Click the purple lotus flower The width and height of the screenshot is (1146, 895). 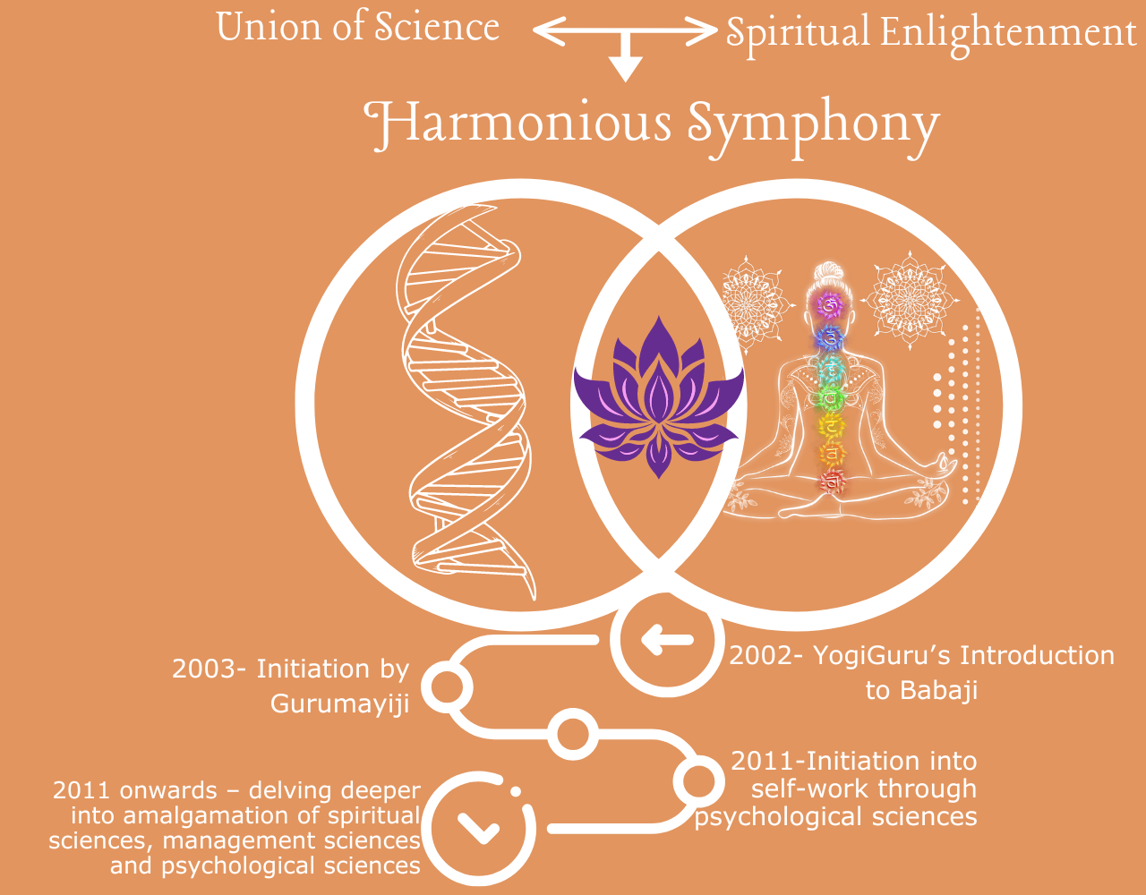point(659,398)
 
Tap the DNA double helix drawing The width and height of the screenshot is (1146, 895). point(464,401)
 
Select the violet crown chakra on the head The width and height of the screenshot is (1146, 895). point(828,304)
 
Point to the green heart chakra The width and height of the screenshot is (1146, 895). point(830,398)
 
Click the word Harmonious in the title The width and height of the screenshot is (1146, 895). point(517,124)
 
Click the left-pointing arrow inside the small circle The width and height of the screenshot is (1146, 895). point(667,640)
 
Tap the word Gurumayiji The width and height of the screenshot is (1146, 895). point(339,703)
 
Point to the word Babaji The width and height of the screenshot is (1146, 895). point(921,690)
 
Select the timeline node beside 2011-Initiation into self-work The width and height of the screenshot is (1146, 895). point(698,781)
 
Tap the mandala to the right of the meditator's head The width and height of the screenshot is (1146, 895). point(911,300)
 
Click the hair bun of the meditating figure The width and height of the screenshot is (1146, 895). point(828,272)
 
